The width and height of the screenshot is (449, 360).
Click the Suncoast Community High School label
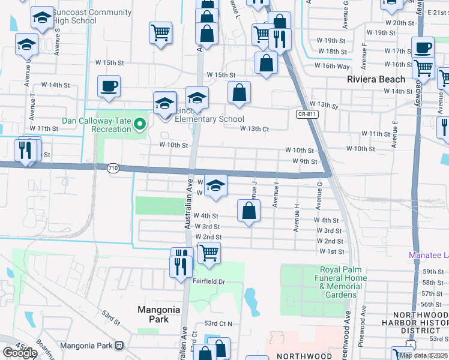click(x=91, y=16)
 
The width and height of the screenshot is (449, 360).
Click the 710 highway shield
click(x=113, y=169)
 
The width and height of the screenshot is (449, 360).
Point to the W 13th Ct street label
click(x=254, y=128)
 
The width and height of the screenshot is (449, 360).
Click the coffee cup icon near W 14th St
click(x=109, y=86)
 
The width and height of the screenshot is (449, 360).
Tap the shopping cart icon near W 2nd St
click(x=209, y=253)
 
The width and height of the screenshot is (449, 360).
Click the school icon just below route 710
click(x=215, y=185)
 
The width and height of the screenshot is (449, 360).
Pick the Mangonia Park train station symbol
click(x=119, y=345)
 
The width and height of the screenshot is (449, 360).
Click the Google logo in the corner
click(x=20, y=353)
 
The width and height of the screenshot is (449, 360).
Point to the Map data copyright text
click(x=424, y=355)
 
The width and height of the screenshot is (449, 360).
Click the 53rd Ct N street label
click(x=217, y=323)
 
